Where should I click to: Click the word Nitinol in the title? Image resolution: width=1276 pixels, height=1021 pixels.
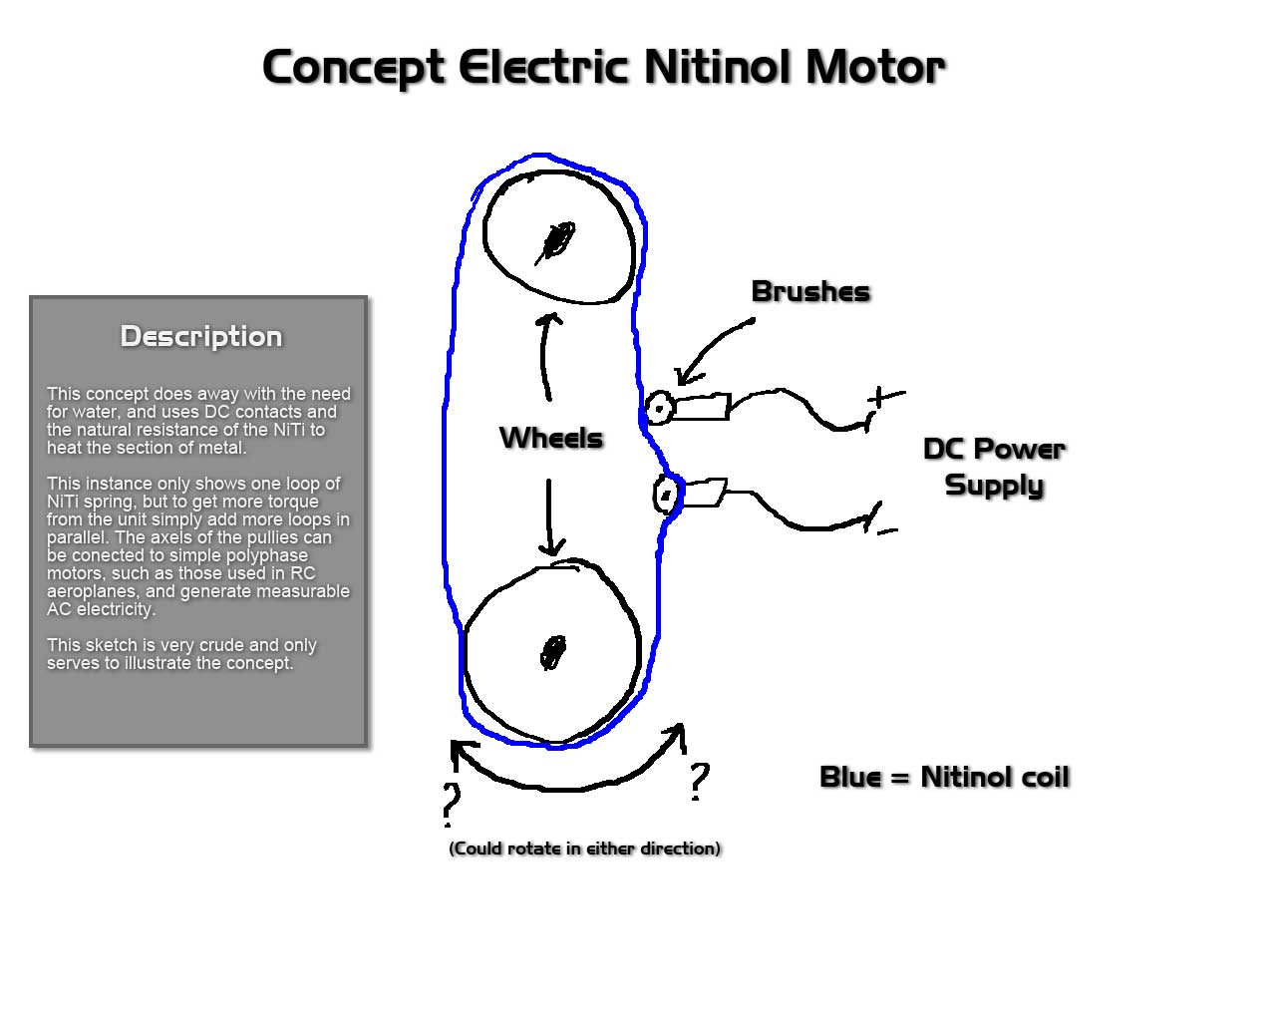click(x=719, y=67)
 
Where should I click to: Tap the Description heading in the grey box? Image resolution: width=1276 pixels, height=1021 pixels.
click(x=201, y=336)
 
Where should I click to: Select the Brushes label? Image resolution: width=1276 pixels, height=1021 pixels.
click(x=810, y=291)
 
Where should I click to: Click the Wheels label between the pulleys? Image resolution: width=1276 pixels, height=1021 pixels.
click(x=551, y=439)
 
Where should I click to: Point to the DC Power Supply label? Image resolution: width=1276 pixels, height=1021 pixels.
click(x=994, y=467)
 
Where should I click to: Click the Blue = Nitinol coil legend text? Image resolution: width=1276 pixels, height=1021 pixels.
click(x=945, y=777)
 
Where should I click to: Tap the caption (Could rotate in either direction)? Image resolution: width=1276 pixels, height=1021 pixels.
click(x=584, y=849)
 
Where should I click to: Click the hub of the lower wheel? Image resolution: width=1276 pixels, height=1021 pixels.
click(x=553, y=653)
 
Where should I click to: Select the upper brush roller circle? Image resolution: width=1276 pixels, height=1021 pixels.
click(x=659, y=408)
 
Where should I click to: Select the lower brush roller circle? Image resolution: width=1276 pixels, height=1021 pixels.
click(x=667, y=495)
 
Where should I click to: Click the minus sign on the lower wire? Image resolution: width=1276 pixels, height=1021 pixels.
click(x=887, y=531)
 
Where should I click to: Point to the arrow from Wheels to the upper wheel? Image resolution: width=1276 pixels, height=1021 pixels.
click(x=543, y=356)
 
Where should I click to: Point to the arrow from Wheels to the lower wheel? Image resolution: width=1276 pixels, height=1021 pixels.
click(x=549, y=517)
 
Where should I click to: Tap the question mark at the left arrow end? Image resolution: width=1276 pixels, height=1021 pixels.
click(x=452, y=802)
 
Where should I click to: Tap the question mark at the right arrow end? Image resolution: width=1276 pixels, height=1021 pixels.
click(x=700, y=779)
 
